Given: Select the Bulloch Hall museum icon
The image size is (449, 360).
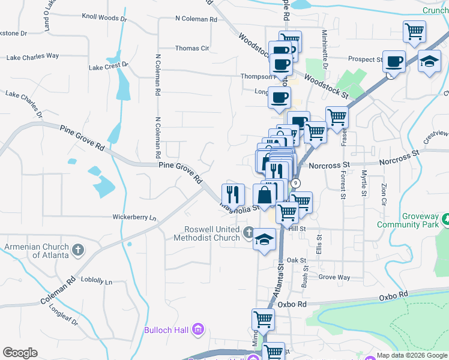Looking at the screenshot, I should tap(199, 329).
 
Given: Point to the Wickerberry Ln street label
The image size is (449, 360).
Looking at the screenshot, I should tap(134, 217).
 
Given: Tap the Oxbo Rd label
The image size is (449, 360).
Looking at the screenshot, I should tap(393, 296).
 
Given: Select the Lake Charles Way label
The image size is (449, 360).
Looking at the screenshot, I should tap(32, 56).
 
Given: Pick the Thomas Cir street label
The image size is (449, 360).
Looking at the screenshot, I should tap(192, 49).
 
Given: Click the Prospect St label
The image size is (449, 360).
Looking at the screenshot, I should tap(366, 60).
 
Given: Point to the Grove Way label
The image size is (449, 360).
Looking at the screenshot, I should tap(334, 277).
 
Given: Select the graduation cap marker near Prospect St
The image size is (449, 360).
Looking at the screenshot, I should tap(429, 62).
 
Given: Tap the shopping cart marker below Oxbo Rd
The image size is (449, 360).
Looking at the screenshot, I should tap(263, 319).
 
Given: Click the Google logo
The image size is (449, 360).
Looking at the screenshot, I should tap(20, 353).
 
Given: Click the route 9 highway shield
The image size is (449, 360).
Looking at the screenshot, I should tap(296, 183).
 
